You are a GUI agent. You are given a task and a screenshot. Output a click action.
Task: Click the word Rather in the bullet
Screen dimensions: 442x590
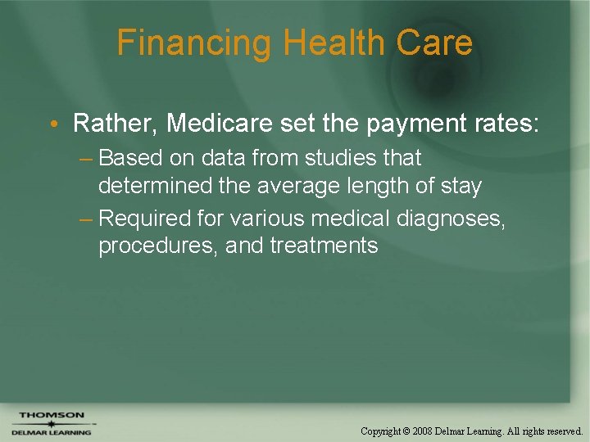[115, 124]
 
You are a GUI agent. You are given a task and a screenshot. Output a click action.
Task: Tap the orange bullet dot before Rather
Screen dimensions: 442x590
[52, 125]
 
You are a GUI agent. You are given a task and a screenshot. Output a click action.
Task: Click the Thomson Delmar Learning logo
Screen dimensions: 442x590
[52, 423]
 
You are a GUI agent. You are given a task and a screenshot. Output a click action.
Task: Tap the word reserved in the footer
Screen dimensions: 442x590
[563, 431]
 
